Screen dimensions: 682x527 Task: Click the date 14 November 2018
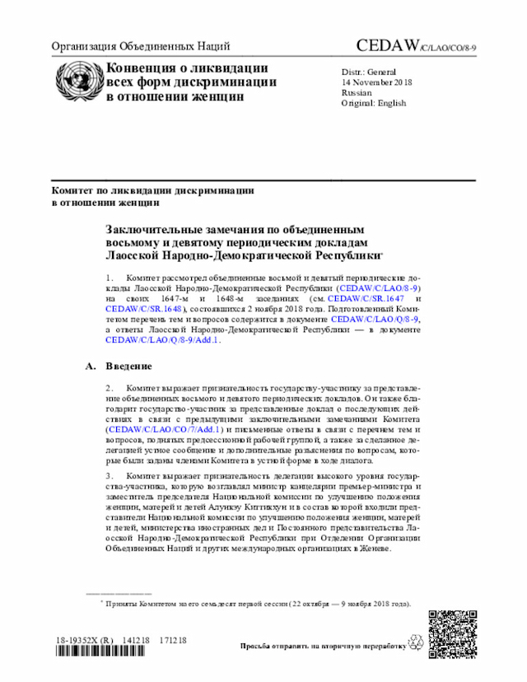[377, 82]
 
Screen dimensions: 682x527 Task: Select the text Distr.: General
[369, 72]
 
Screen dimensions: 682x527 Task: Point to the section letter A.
[91, 366]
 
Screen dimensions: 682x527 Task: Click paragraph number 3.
[110, 476]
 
